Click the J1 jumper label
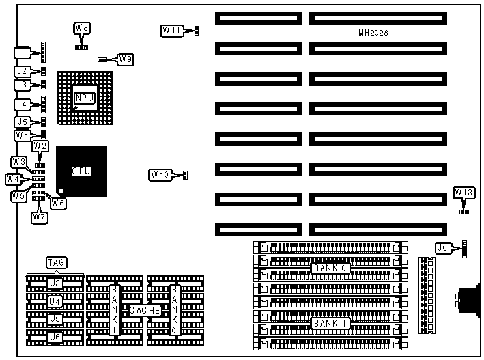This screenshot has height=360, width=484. click(x=23, y=52)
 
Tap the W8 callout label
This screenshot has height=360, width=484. click(x=82, y=28)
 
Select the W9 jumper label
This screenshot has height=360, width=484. click(x=125, y=59)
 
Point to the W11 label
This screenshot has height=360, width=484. click(x=171, y=30)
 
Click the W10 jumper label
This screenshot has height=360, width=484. click(x=159, y=175)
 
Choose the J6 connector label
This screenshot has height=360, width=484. click(x=444, y=249)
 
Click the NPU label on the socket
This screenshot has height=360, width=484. click(x=85, y=98)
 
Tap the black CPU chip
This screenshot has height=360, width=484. click(x=82, y=171)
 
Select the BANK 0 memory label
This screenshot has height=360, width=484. click(x=331, y=268)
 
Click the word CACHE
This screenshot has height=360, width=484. click(x=145, y=310)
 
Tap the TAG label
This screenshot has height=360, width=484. click(x=55, y=262)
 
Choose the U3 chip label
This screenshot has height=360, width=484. click(x=55, y=282)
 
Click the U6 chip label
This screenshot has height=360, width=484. click(x=55, y=337)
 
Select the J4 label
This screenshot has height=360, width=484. click(x=23, y=105)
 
